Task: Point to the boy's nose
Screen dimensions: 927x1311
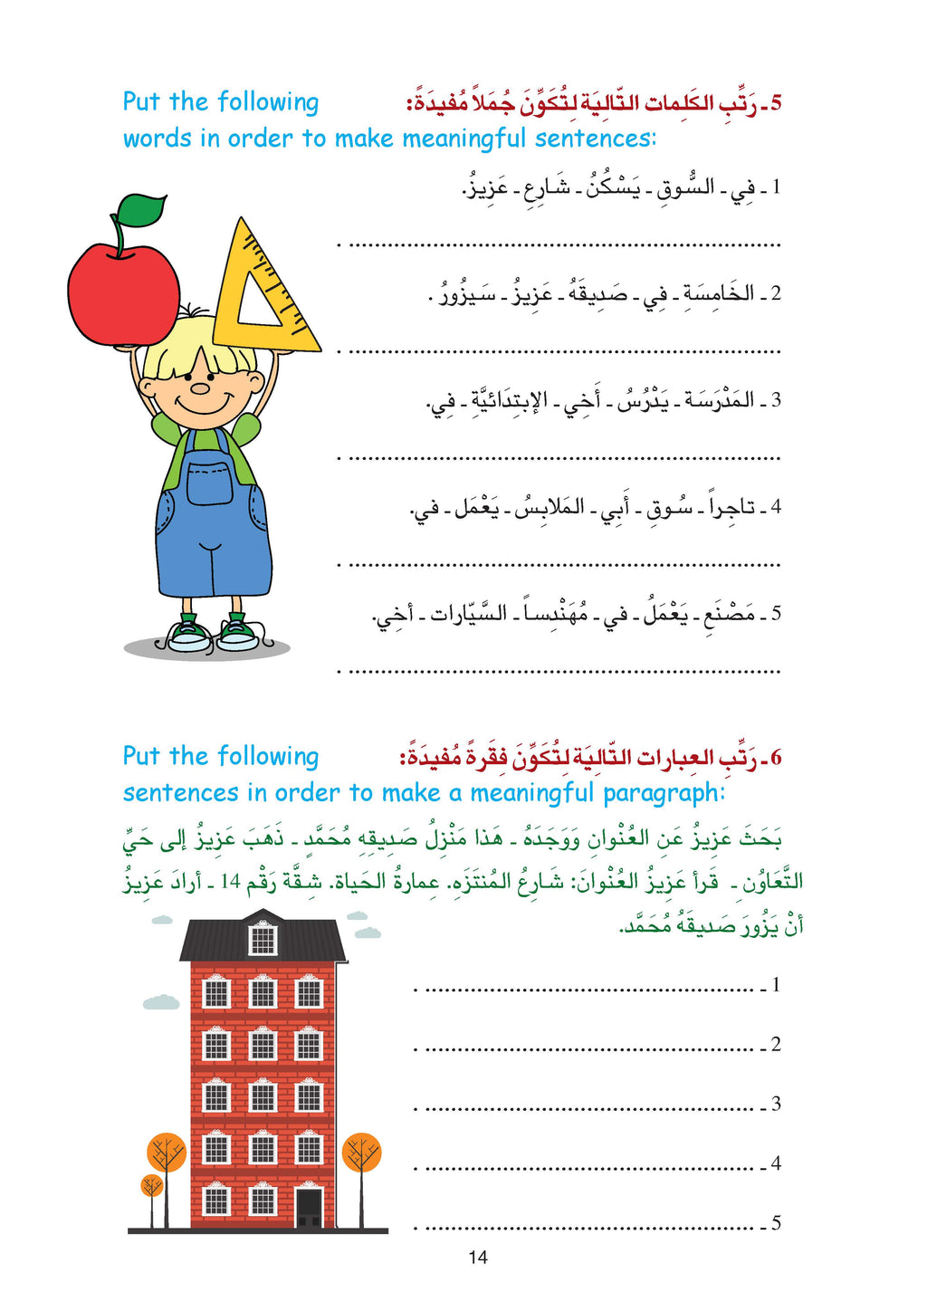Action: (x=199, y=389)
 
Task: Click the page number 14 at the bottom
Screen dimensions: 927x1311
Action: (x=478, y=1258)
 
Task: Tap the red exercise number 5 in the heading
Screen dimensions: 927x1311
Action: (x=775, y=102)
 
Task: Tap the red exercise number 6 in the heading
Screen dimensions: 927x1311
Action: (x=775, y=757)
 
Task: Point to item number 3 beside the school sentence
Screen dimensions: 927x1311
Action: (x=776, y=400)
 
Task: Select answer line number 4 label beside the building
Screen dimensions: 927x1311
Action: (x=776, y=1163)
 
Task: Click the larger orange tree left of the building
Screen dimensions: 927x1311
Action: (x=167, y=1154)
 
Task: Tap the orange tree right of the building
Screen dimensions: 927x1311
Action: (x=362, y=1153)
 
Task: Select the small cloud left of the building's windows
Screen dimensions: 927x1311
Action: (x=161, y=1002)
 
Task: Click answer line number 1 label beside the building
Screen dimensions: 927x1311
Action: (x=776, y=985)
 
